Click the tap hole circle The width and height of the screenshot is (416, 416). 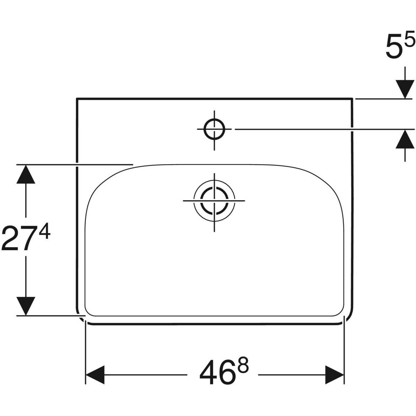214,129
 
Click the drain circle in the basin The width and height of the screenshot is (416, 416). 214,200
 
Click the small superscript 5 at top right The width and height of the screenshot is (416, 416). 409,41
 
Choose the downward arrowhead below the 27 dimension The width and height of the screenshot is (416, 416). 25,306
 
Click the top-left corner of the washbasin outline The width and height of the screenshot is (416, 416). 77,99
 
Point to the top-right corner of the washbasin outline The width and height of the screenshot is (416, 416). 353,99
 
